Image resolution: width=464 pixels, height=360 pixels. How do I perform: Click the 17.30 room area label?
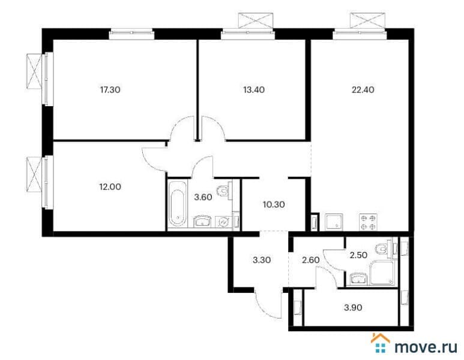pos(110,90)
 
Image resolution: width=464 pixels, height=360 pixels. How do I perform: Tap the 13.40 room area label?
pos(253,90)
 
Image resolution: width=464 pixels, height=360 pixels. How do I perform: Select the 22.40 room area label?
pos(363,90)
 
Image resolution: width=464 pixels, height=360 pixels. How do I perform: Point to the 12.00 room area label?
pos(109,187)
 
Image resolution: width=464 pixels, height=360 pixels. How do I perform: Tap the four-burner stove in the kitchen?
pos(368,221)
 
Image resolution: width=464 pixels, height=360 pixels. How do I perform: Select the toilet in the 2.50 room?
pos(379,247)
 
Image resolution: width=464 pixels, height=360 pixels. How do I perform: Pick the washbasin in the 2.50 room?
pos(358,278)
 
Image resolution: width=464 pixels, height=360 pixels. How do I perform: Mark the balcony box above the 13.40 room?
pos(256,21)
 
